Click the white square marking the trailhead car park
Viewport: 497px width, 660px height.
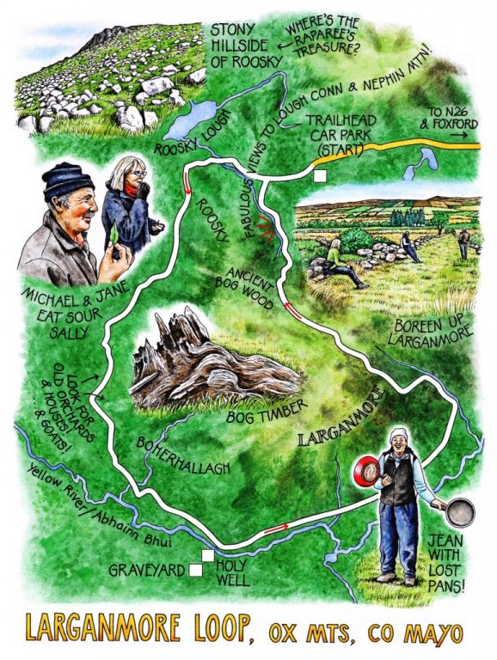(321, 176)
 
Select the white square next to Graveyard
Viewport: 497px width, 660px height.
(196, 570)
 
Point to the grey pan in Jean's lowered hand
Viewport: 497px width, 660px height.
(460, 513)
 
